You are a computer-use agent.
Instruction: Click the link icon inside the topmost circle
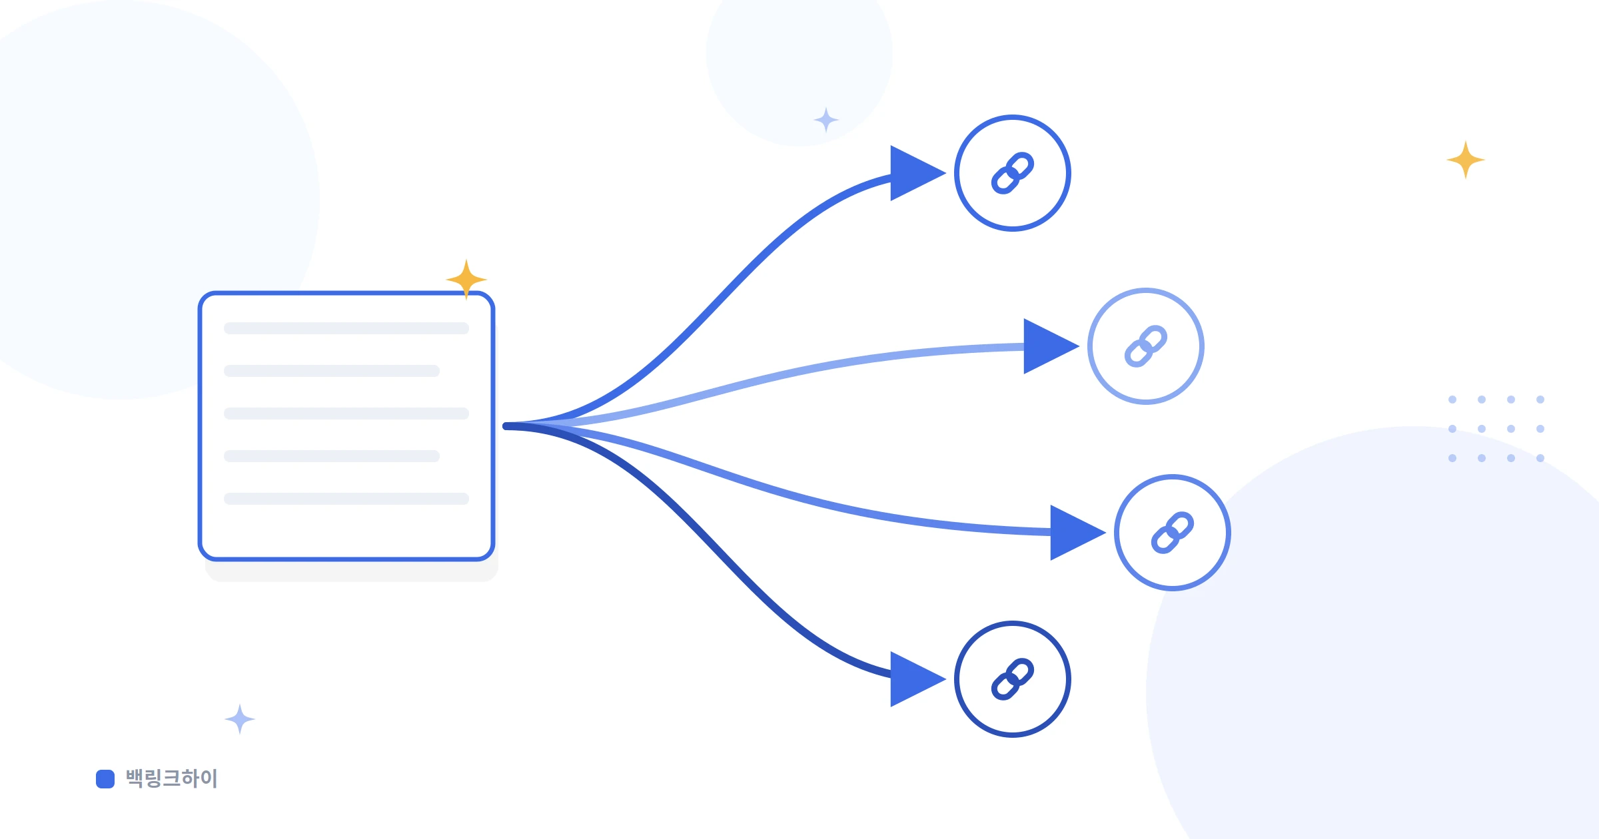coord(1013,173)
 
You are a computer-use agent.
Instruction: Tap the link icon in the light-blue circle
coord(1146,346)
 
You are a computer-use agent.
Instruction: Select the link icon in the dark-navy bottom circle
coord(1013,679)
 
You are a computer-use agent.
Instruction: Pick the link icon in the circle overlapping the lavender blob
coord(1173,533)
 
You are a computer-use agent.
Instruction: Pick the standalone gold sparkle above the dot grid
coord(1466,160)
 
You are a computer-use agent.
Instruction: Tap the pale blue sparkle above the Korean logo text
coord(240,719)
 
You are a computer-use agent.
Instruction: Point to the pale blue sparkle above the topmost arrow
coord(826,120)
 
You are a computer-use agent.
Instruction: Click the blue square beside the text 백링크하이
coord(105,779)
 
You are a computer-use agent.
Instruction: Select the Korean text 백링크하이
coord(172,778)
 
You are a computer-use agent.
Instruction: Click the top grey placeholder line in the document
coord(346,328)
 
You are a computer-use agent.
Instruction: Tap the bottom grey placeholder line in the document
coord(346,499)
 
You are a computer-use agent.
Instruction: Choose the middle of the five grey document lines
coord(346,414)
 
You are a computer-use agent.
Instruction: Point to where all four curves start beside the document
coord(506,426)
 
